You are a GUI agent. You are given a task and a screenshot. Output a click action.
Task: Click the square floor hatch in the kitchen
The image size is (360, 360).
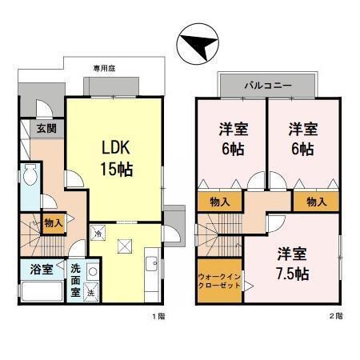(x=124, y=246)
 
